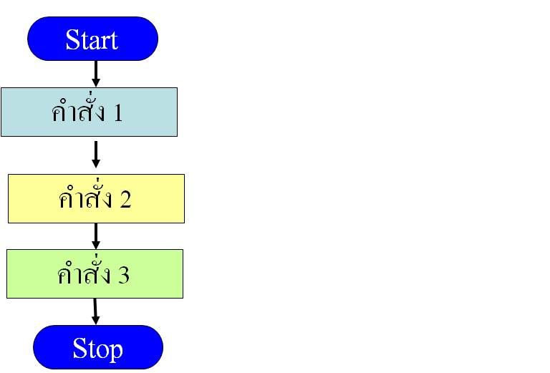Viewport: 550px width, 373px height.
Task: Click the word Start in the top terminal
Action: [x=92, y=39]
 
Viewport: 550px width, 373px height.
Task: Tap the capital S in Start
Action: [x=72, y=39]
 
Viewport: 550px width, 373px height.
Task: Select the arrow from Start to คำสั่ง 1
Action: [x=95, y=73]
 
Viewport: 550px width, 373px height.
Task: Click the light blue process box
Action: [x=89, y=112]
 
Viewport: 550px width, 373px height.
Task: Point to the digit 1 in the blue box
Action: [x=117, y=113]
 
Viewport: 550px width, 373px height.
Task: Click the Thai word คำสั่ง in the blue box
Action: [x=78, y=112]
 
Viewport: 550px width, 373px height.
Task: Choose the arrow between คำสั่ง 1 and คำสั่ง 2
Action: [x=95, y=154]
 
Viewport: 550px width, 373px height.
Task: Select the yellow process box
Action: [x=96, y=198]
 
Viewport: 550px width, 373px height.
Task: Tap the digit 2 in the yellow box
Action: [x=125, y=200]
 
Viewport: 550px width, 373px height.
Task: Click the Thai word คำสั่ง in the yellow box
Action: [x=85, y=198]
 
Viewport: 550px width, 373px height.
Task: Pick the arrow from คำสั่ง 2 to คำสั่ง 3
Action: [x=95, y=236]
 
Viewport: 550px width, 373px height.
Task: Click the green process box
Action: [x=95, y=273]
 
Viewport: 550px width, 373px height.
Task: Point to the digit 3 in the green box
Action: [x=123, y=275]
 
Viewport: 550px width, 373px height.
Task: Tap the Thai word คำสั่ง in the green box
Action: [x=84, y=274]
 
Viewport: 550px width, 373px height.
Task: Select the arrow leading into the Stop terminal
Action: [x=95, y=311]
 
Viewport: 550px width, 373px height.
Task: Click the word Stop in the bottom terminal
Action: [x=97, y=349]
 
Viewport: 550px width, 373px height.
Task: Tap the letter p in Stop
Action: [x=115, y=351]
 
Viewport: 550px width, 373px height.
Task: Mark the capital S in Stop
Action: [x=79, y=349]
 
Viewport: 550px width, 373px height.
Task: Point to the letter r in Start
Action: [x=105, y=42]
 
